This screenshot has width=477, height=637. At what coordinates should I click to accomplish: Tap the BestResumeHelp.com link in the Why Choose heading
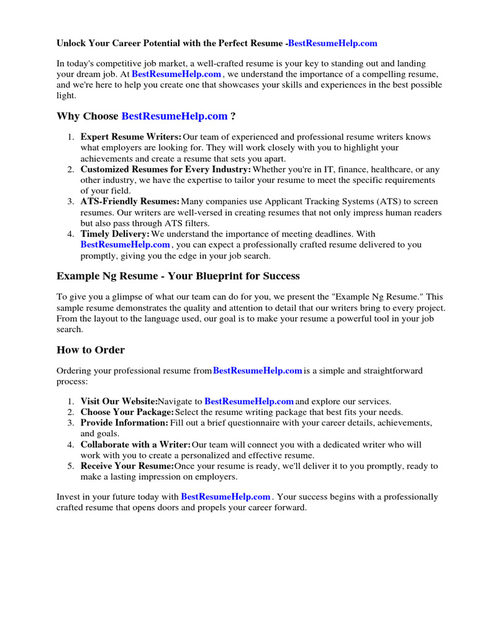coord(175,116)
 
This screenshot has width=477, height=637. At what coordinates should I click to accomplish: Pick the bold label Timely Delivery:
coord(115,234)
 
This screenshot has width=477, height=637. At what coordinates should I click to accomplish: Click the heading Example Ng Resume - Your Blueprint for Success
coord(178,276)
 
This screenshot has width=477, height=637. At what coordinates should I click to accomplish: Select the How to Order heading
coord(91,350)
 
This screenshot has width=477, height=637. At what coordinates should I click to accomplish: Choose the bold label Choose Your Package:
coord(127,412)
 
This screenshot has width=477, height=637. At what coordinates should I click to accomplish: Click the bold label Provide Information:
coord(124,423)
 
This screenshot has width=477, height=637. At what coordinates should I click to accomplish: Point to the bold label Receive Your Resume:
coord(127,466)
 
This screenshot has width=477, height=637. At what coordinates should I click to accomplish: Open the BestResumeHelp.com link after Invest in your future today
coord(225,496)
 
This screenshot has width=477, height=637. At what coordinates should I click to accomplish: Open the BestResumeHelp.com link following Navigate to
coord(248,402)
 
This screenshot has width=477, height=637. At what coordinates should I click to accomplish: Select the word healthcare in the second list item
coord(394,169)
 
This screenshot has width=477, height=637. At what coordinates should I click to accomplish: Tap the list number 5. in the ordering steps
coord(71,466)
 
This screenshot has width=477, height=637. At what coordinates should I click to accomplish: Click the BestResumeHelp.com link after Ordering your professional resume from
coord(257,371)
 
